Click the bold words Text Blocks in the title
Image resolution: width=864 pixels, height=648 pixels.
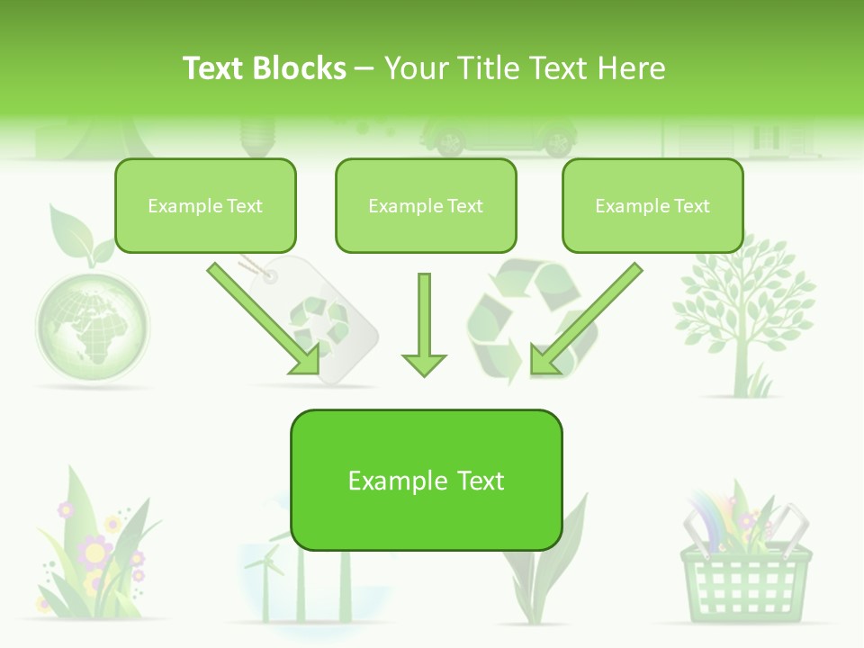pos(265,68)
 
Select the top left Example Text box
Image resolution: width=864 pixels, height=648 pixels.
pos(205,206)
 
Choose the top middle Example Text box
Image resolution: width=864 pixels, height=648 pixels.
pos(426,206)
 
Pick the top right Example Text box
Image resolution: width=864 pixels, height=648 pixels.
pos(652,206)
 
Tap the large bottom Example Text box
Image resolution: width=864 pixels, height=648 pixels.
pos(426,481)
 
